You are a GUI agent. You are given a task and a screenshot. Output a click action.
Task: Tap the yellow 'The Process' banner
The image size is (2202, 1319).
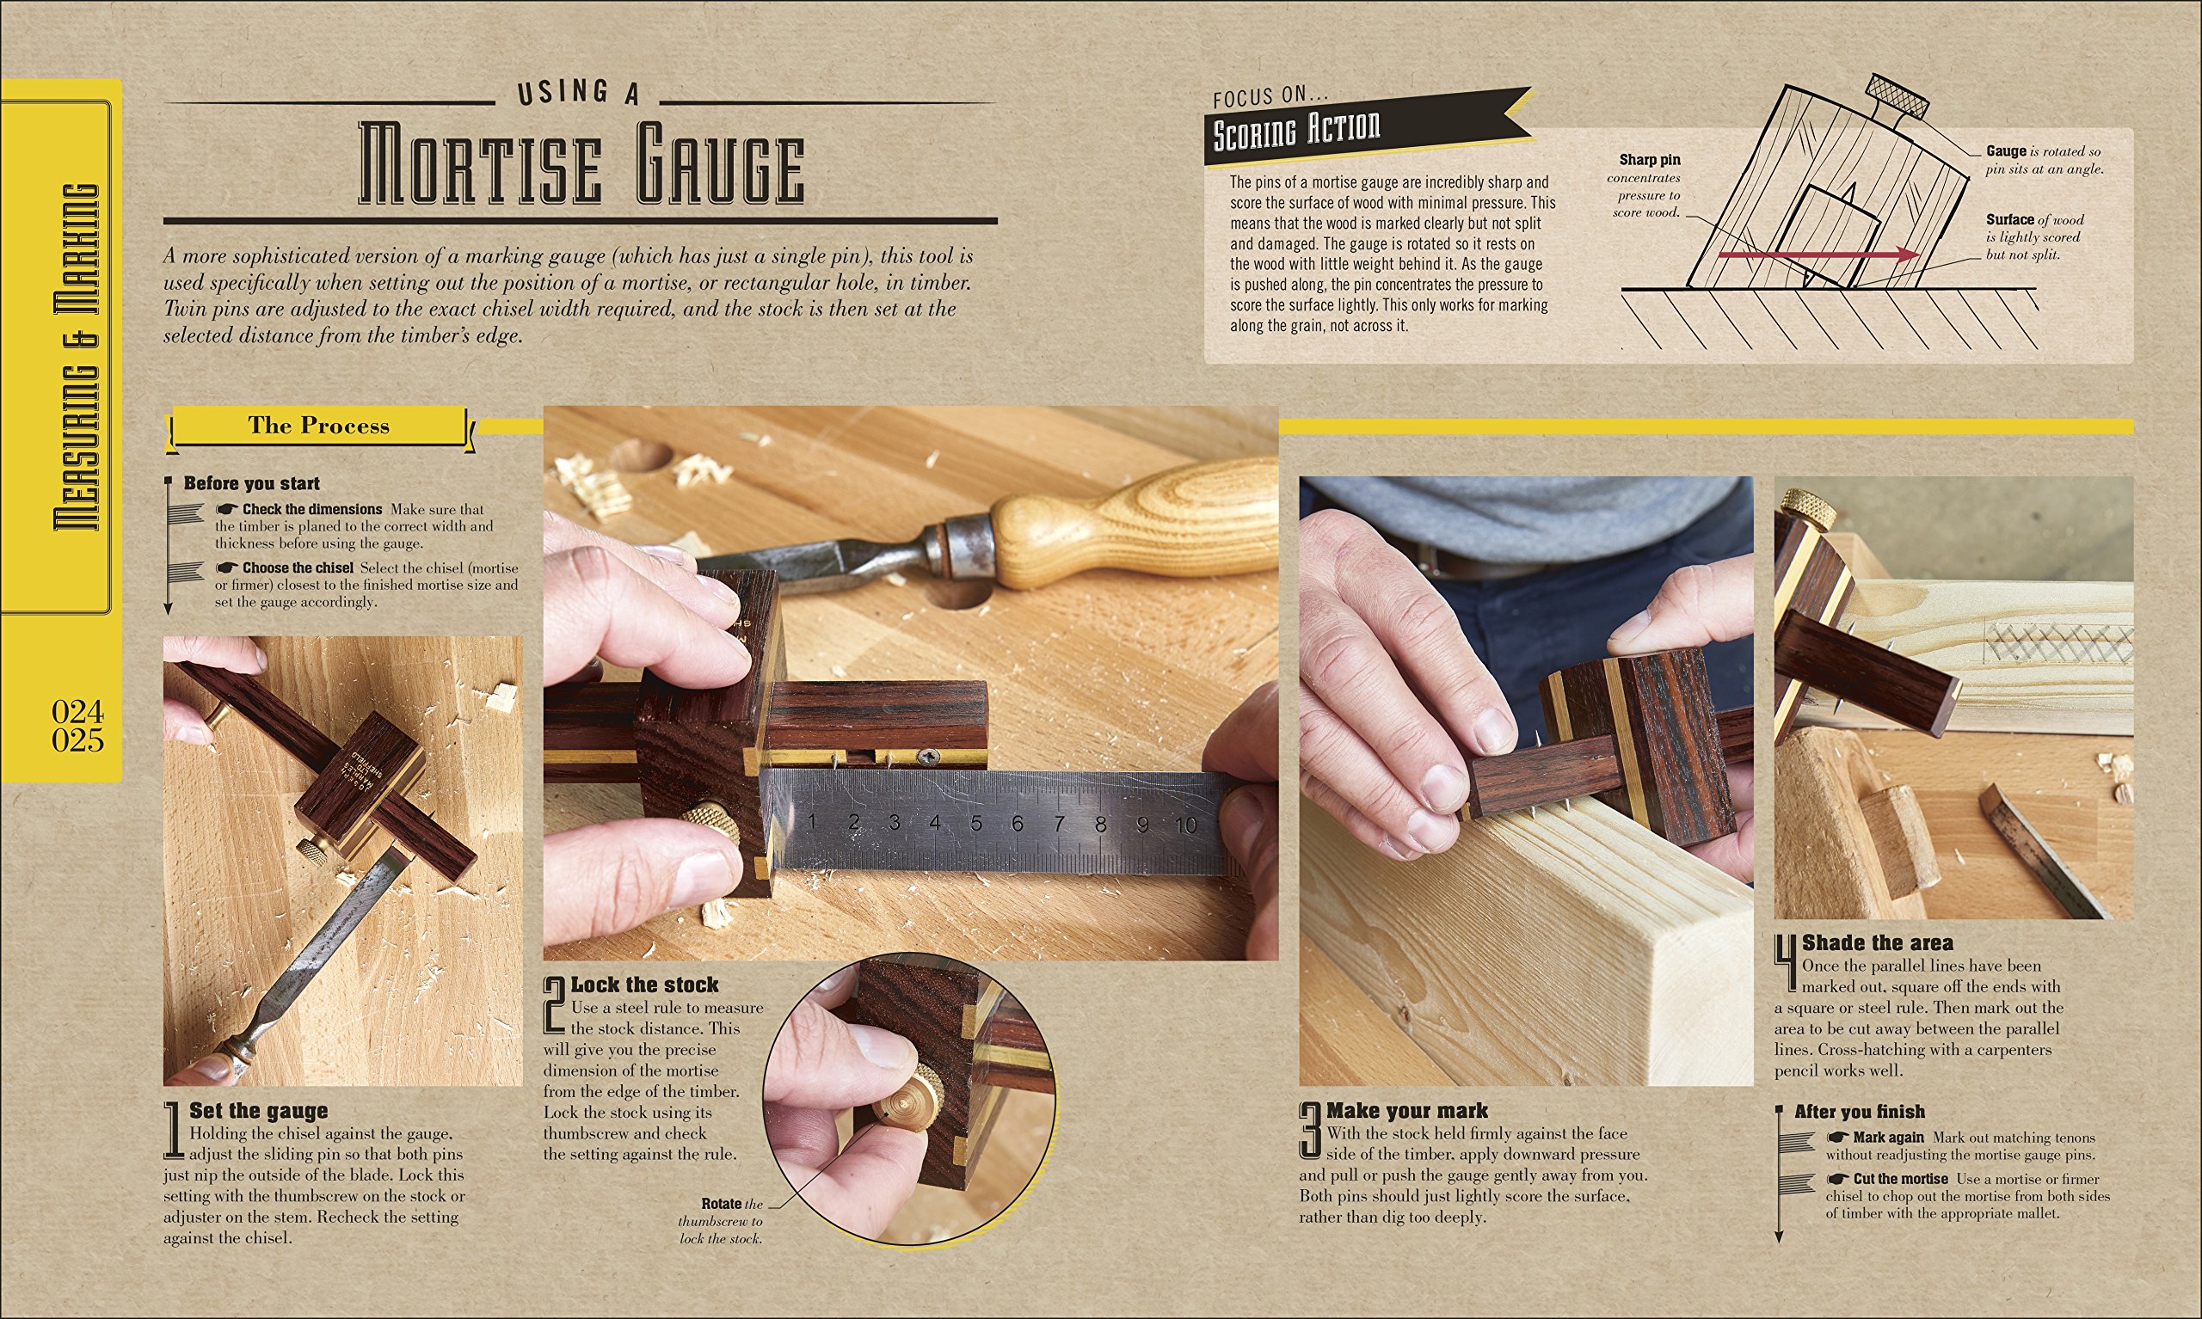click(318, 426)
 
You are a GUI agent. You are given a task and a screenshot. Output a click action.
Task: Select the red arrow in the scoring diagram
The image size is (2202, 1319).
click(1813, 255)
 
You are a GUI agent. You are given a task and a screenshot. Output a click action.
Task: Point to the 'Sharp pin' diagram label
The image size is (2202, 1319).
click(1649, 160)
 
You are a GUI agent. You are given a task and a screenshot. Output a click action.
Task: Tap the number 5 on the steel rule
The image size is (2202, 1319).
click(976, 823)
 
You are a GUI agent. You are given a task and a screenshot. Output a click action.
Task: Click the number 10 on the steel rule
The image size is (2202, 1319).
click(1185, 825)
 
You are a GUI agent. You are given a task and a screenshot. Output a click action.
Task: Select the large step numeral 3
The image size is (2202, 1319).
click(1310, 1131)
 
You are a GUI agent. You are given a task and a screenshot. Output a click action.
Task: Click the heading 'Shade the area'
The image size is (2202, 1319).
click(1877, 943)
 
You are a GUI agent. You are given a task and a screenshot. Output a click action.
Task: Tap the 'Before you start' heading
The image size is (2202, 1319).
click(251, 483)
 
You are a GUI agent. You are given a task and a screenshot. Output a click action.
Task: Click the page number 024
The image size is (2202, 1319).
click(77, 711)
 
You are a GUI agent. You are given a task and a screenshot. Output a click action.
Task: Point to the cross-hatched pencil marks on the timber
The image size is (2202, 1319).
click(2053, 640)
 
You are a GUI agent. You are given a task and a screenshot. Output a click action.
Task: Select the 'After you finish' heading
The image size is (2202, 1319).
click(1859, 1111)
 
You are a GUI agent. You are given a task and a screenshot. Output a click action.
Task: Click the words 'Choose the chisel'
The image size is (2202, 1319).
click(297, 568)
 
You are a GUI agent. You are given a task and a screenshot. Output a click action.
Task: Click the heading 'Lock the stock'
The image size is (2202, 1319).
click(643, 985)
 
